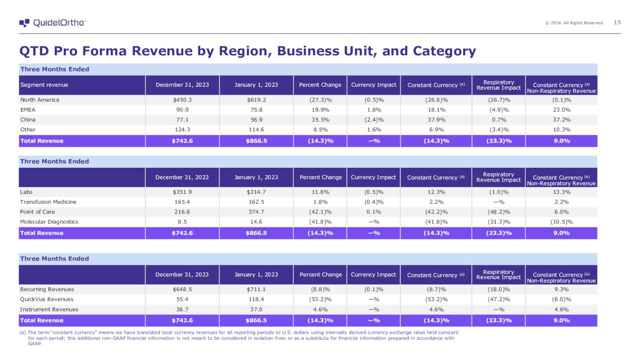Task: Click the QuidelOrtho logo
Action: coord(52,23)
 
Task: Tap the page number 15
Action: coord(617,22)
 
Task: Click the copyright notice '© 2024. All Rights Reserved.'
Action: coord(574,23)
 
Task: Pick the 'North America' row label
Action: coord(39,100)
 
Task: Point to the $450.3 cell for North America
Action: coord(182,100)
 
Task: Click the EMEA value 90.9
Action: coord(182,110)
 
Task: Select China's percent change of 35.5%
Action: coord(320,120)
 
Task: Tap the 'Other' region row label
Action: coord(27,130)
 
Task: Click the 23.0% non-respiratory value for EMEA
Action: coord(561,110)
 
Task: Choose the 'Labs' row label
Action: coord(26,192)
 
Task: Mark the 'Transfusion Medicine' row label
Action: coord(48,202)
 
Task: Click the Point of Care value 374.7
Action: coord(256,212)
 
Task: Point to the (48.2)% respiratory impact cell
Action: coord(498,212)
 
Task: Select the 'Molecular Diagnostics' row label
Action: coord(49,222)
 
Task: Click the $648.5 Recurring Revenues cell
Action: coord(182,289)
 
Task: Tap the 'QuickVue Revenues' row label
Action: coord(46,299)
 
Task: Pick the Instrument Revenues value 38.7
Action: coord(182,309)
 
